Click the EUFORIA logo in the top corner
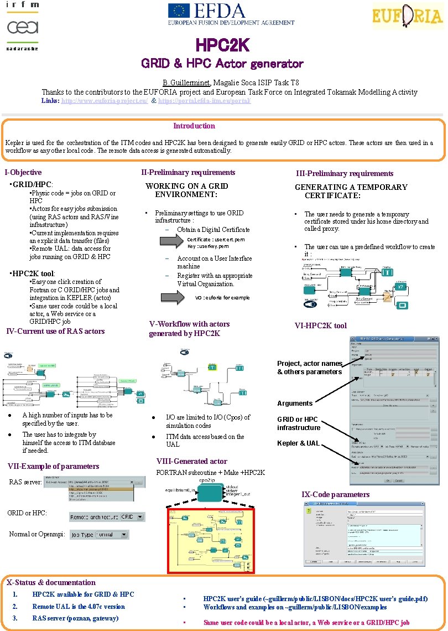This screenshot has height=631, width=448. (x=407, y=16)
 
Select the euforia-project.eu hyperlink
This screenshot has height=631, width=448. (x=105, y=101)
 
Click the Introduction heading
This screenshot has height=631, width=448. (x=194, y=126)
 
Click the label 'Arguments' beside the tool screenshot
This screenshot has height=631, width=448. (x=295, y=403)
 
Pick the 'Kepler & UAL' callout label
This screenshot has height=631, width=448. (x=298, y=443)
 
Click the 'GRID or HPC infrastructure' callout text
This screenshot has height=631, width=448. (x=299, y=423)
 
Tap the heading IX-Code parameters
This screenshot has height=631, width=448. (x=335, y=494)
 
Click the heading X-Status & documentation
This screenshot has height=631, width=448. (x=51, y=582)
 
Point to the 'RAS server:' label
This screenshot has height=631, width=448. (x=25, y=482)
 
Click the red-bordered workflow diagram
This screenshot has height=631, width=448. (x=211, y=540)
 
